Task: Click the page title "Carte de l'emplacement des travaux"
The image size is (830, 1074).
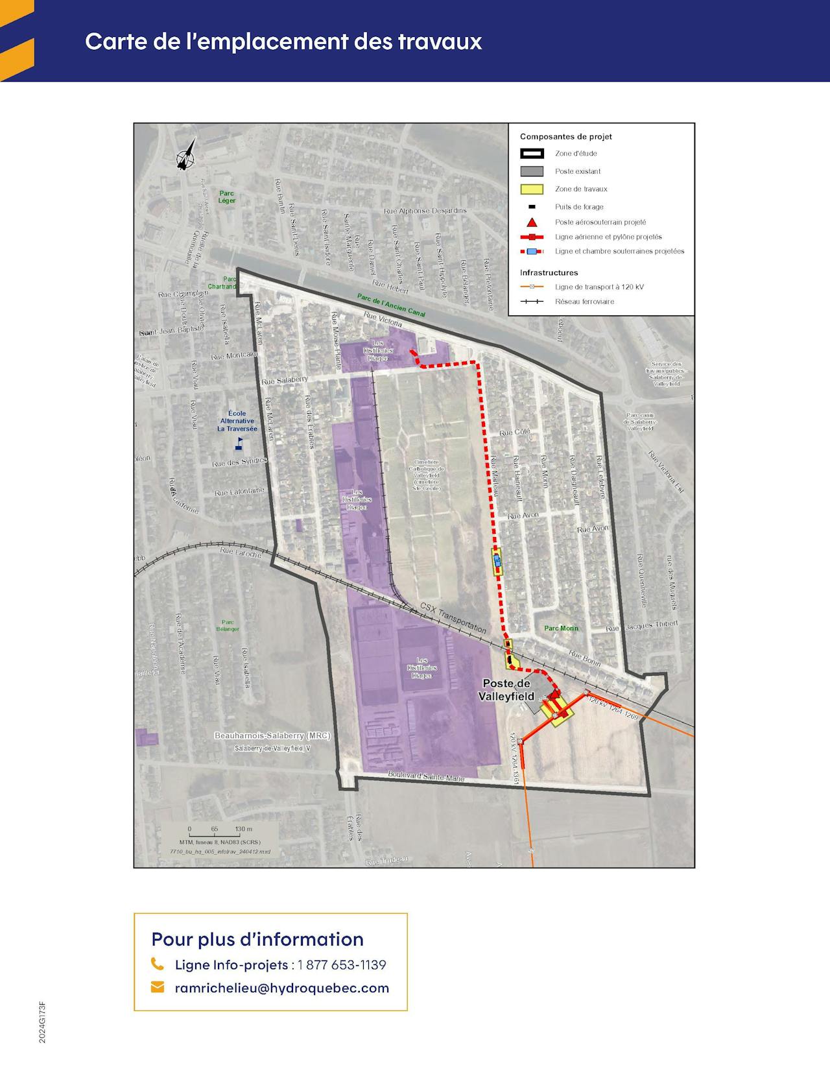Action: point(283,42)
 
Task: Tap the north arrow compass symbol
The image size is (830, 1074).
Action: point(187,154)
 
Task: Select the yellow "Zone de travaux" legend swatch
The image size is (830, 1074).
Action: point(532,189)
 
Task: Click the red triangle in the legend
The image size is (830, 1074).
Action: point(532,222)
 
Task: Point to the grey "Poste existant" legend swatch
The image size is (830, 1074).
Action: point(532,172)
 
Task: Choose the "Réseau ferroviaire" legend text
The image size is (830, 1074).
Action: point(584,302)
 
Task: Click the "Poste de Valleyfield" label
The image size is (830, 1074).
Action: point(506,690)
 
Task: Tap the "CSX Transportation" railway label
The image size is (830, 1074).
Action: point(453,617)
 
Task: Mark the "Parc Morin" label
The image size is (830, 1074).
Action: point(561,628)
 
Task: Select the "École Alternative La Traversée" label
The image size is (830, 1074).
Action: point(237,421)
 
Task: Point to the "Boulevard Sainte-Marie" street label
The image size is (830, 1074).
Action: point(426,776)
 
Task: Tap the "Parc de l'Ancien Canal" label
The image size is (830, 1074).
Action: point(391,305)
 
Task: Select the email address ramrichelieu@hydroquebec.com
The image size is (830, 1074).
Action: point(282,988)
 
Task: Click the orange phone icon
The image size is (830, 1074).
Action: point(157,964)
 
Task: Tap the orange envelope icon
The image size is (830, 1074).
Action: point(157,987)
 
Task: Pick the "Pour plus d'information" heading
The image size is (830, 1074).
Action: point(257,939)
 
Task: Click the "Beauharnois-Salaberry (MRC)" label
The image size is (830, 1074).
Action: point(272,735)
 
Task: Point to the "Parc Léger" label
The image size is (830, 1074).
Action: point(227,197)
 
